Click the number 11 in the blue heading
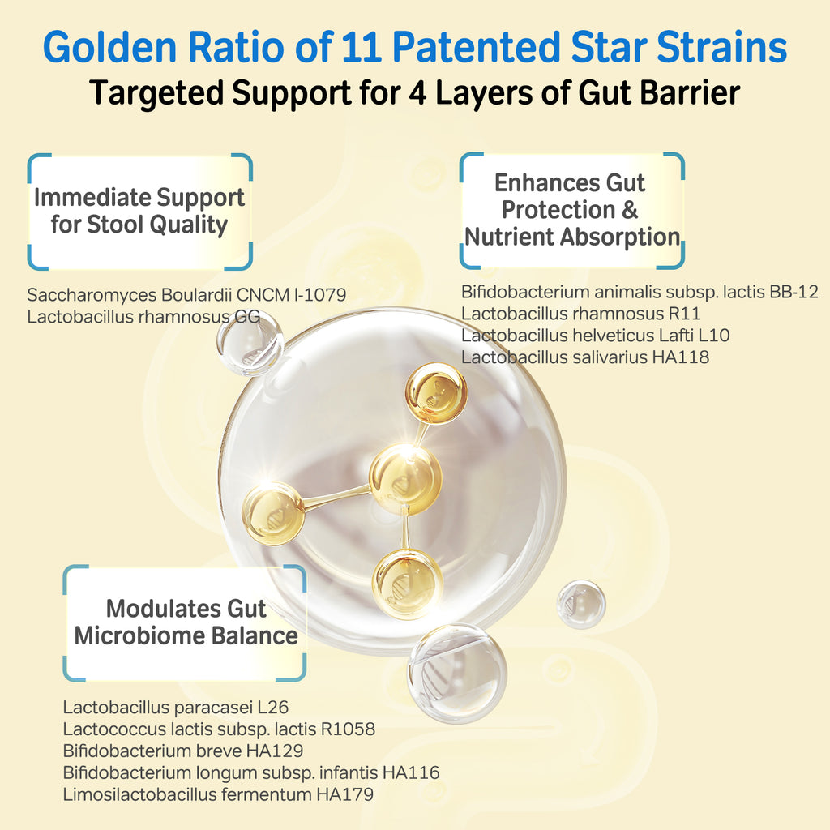click(x=362, y=47)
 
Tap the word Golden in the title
click(x=109, y=47)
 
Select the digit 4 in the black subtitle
click(x=417, y=92)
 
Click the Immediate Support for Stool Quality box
click(x=139, y=212)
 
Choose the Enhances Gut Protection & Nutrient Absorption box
click(x=571, y=210)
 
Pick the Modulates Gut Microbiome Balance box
click(x=185, y=623)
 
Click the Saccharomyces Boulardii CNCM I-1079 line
click(x=187, y=294)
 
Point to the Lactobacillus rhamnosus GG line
click(x=143, y=317)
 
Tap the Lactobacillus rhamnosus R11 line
click(x=580, y=314)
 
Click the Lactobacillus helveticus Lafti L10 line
click(x=596, y=335)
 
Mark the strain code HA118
click(x=681, y=357)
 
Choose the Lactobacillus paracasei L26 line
click(x=176, y=707)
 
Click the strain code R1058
click(x=348, y=729)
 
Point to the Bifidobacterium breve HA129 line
click(x=183, y=751)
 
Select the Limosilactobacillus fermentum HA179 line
click(x=218, y=794)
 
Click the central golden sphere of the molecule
click(x=405, y=480)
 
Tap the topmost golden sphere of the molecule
click(x=436, y=393)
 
